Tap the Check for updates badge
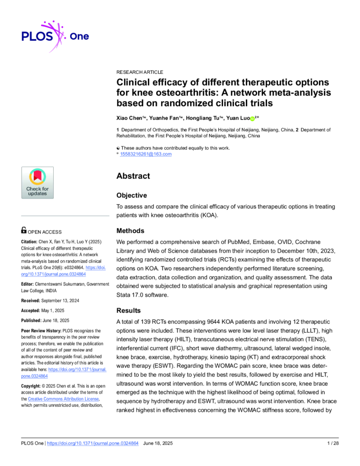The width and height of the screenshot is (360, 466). coord(37,182)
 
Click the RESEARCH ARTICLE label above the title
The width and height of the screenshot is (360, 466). coord(140,72)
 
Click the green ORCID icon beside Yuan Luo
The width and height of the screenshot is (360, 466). coord(252,118)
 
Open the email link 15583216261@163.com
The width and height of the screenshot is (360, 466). coord(146,154)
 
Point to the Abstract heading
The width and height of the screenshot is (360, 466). coord(133,176)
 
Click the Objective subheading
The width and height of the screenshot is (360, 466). coord(132,195)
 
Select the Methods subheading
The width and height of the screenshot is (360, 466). coord(130,231)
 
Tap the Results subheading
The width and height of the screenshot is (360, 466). coord(129,310)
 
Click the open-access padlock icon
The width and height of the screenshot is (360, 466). coord(24,231)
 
